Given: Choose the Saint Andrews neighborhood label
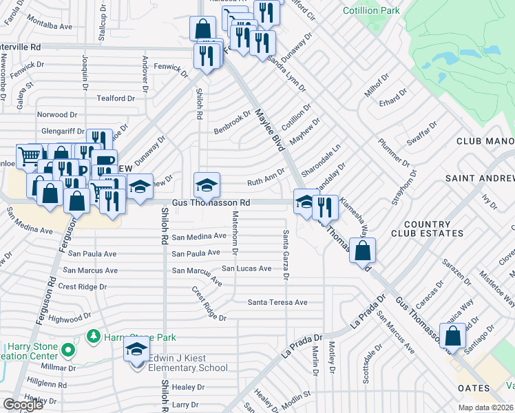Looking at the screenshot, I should [x=480, y=178].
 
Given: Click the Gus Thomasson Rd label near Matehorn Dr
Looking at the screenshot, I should [x=211, y=203].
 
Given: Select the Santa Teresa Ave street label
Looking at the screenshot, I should [x=277, y=302].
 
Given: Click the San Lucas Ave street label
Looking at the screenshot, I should [x=246, y=268].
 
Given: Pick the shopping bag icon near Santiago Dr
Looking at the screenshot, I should [x=453, y=337].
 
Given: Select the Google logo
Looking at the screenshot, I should [x=23, y=405].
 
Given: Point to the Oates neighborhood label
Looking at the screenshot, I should [x=475, y=388].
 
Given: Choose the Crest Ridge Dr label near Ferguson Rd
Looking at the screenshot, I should [x=83, y=286].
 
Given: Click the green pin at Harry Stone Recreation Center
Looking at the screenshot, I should [x=67, y=350].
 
